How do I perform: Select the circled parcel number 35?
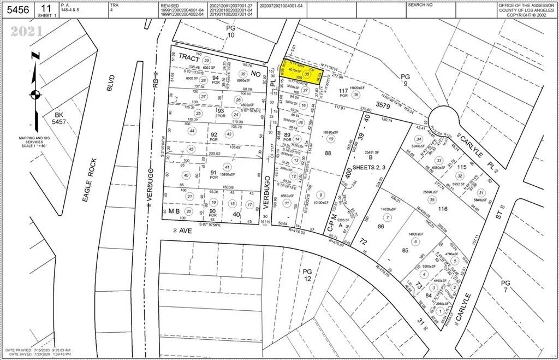tap(432, 199)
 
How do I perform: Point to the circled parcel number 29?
tap(206, 61)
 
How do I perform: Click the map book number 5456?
tap(17, 9)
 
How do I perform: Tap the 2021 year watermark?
tap(26, 32)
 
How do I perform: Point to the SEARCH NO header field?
tap(420, 5)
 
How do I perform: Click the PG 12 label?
tap(309, 275)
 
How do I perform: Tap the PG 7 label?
tap(506, 286)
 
